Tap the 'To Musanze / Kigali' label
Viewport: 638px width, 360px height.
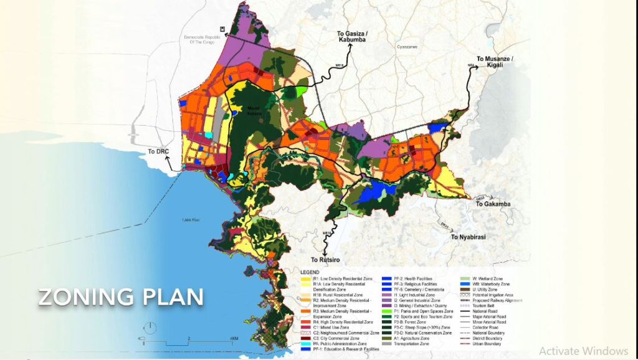tap(497, 62)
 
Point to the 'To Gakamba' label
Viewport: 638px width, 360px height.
tap(493, 204)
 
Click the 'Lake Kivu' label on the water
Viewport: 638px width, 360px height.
tap(190, 220)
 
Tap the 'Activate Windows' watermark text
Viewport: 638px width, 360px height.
tap(583, 351)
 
